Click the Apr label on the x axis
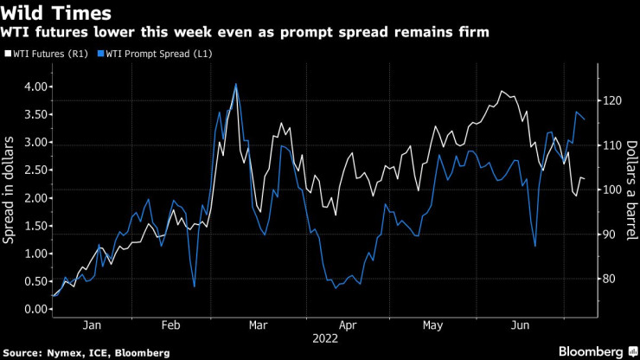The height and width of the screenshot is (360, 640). click(x=349, y=325)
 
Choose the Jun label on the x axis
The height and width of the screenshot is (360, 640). click(x=521, y=325)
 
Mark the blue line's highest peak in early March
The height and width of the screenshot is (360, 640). click(x=236, y=84)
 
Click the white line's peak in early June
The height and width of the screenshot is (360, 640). click(x=502, y=91)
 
